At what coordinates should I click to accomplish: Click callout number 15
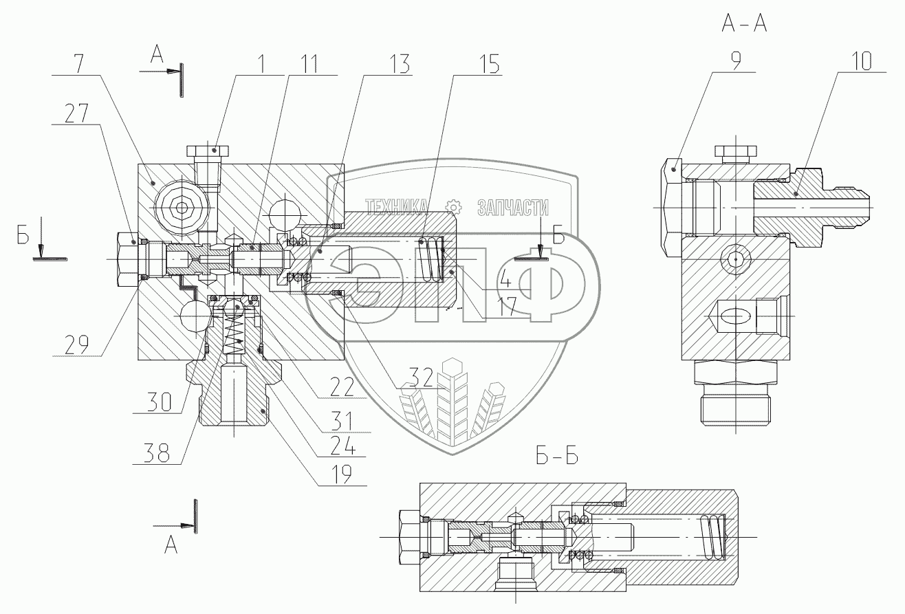click(488, 63)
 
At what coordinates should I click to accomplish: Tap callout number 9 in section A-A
click(735, 62)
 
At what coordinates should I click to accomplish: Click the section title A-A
click(744, 24)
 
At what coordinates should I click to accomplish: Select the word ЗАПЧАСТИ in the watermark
click(512, 206)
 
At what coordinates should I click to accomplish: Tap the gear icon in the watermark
click(453, 206)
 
